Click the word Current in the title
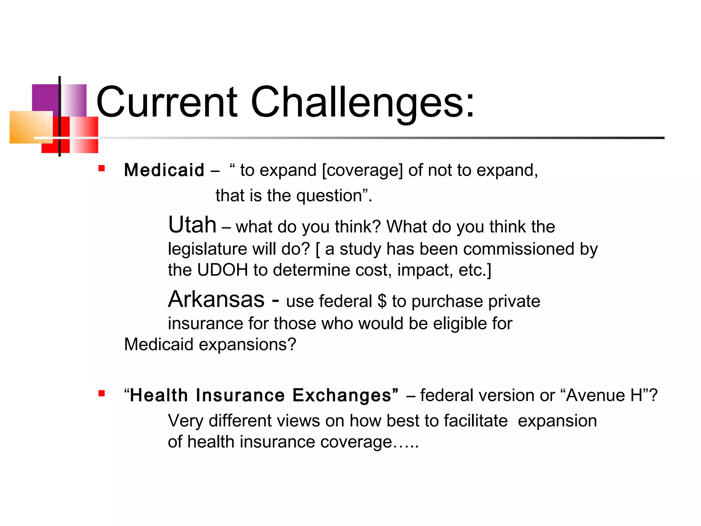pos(167,102)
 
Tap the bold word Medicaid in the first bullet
pos(164,170)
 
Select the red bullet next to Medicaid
pos(101,168)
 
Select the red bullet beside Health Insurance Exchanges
pos(101,393)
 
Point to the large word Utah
pos(192,225)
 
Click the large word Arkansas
pos(216,299)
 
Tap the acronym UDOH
pos(222,270)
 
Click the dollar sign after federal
pos(382,301)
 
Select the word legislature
pos(207,249)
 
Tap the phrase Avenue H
pos(604,395)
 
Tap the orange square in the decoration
pos(29,127)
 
